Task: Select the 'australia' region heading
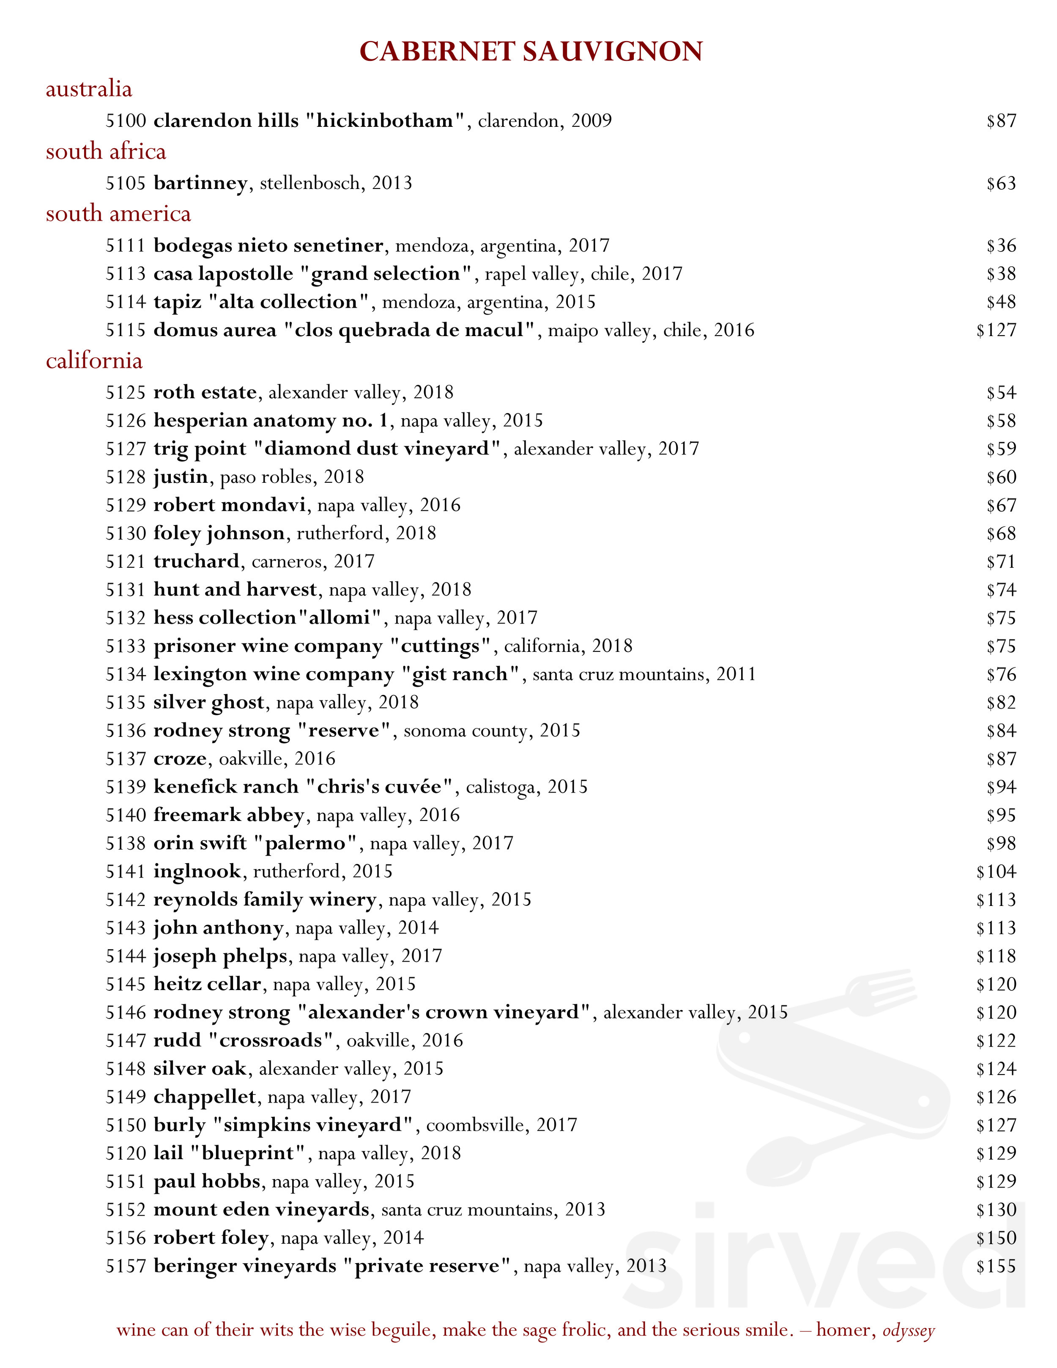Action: (x=89, y=89)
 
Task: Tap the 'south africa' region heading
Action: (x=106, y=152)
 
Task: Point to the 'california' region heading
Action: (x=94, y=361)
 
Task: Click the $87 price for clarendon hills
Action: (x=1001, y=121)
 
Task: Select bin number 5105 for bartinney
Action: (x=125, y=183)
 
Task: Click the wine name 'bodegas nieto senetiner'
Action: (x=268, y=246)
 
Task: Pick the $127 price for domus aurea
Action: (x=996, y=330)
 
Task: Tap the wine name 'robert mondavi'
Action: (x=229, y=505)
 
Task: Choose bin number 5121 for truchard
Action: (x=125, y=561)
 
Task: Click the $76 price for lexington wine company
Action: (x=1001, y=675)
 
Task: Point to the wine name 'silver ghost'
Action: (x=208, y=703)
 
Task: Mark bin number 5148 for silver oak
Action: (x=125, y=1069)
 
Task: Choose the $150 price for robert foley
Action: (x=996, y=1238)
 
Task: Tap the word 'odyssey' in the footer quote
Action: (x=909, y=1330)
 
